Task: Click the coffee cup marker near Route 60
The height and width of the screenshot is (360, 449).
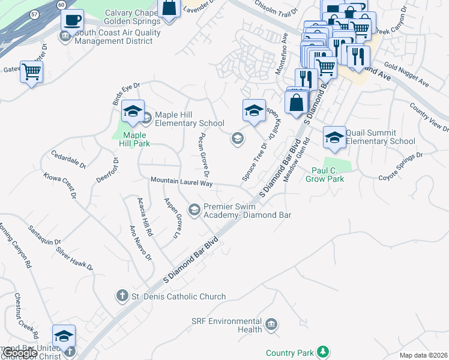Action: (73, 20)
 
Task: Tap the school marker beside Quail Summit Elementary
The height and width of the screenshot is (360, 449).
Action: (334, 138)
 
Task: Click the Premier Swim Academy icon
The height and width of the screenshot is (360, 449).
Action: (194, 209)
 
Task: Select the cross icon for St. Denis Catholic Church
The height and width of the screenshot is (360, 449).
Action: (122, 296)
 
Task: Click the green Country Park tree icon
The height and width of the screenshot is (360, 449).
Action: (323, 351)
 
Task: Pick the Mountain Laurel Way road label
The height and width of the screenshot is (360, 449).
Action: (181, 181)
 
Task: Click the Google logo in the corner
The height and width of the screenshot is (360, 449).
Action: (19, 353)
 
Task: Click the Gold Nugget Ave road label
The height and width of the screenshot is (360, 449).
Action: (406, 74)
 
